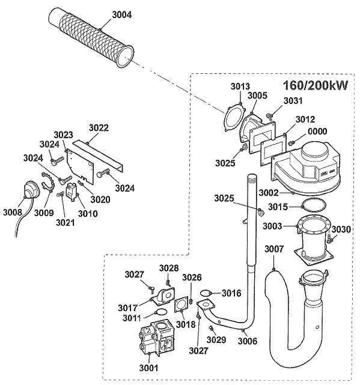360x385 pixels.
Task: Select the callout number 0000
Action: (x=318, y=132)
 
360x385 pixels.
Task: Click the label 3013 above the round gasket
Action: (x=241, y=87)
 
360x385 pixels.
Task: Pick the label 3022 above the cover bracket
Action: (x=99, y=127)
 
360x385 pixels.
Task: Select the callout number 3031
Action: (x=293, y=100)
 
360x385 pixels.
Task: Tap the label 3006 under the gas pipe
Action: (x=247, y=341)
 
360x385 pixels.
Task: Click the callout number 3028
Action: (x=169, y=267)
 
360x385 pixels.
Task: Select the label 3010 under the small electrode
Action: (x=87, y=213)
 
